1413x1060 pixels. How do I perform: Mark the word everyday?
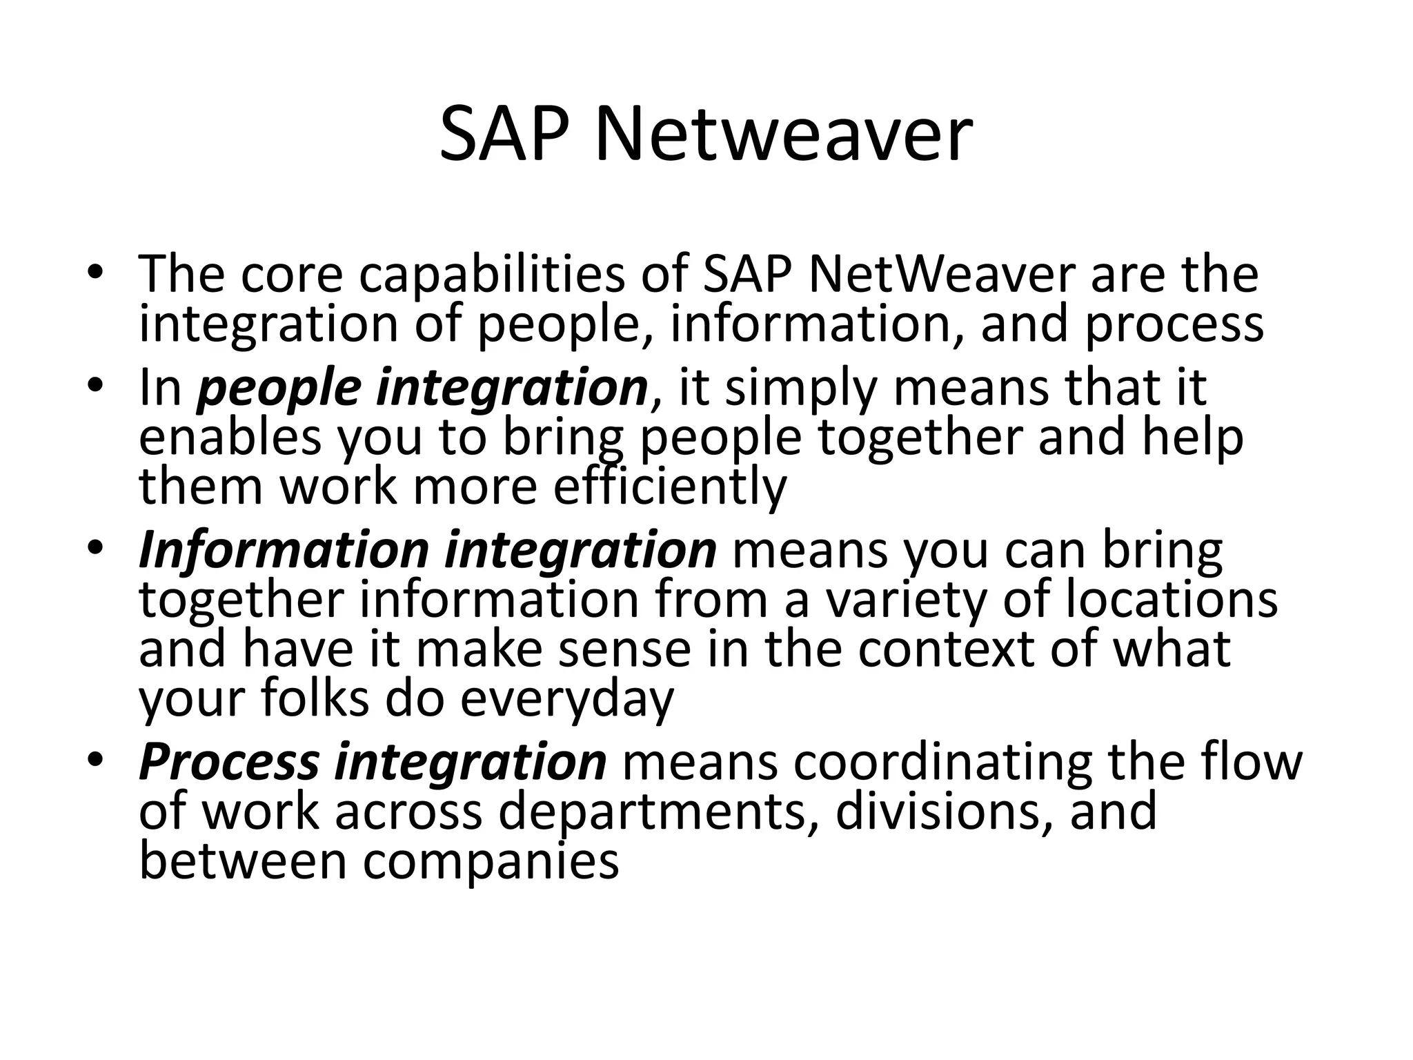(566, 699)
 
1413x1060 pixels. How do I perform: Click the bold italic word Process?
(229, 762)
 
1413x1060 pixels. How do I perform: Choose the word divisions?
(945, 811)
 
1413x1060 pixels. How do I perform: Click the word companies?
(491, 862)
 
